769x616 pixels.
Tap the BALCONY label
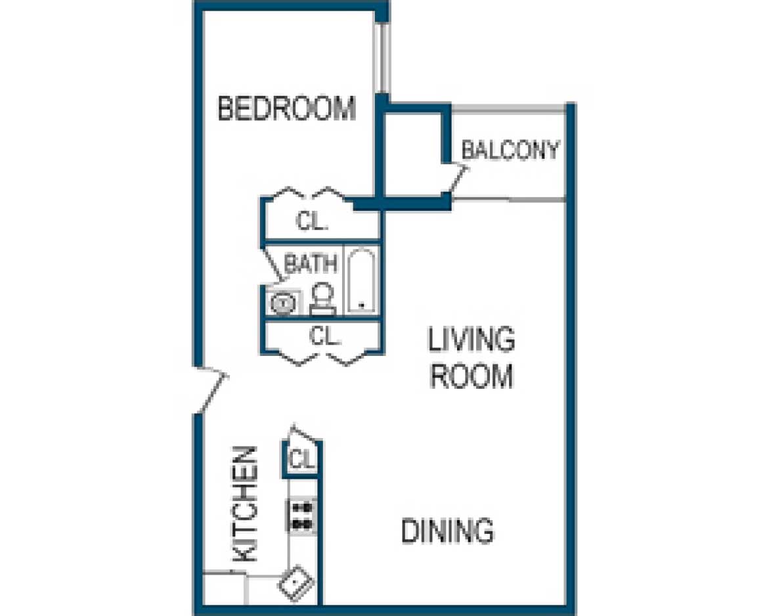[x=510, y=150]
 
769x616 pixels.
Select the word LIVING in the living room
[x=471, y=341]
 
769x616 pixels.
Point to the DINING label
[x=447, y=531]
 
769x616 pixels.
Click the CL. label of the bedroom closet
[x=312, y=221]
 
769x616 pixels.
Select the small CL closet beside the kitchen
[x=303, y=458]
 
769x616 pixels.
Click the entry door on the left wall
[x=210, y=392]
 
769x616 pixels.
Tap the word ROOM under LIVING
[x=471, y=377]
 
